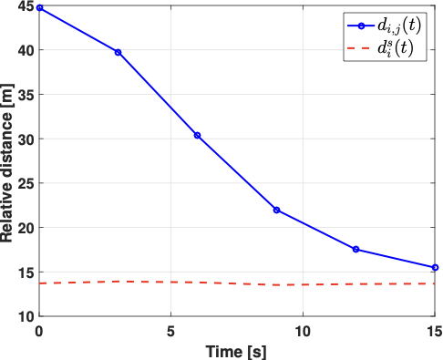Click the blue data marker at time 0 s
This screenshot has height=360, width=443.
click(39, 7)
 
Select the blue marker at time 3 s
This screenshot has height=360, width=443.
click(118, 52)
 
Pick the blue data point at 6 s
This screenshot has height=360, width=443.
click(197, 135)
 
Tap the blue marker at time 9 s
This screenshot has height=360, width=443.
click(276, 210)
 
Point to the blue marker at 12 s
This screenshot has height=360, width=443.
click(355, 249)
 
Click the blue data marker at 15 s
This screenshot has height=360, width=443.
click(435, 267)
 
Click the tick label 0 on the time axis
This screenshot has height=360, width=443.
click(39, 329)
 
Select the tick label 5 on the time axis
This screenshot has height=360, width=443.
click(170, 329)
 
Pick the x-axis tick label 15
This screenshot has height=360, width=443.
click(434, 329)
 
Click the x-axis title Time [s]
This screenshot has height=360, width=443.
click(235, 349)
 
